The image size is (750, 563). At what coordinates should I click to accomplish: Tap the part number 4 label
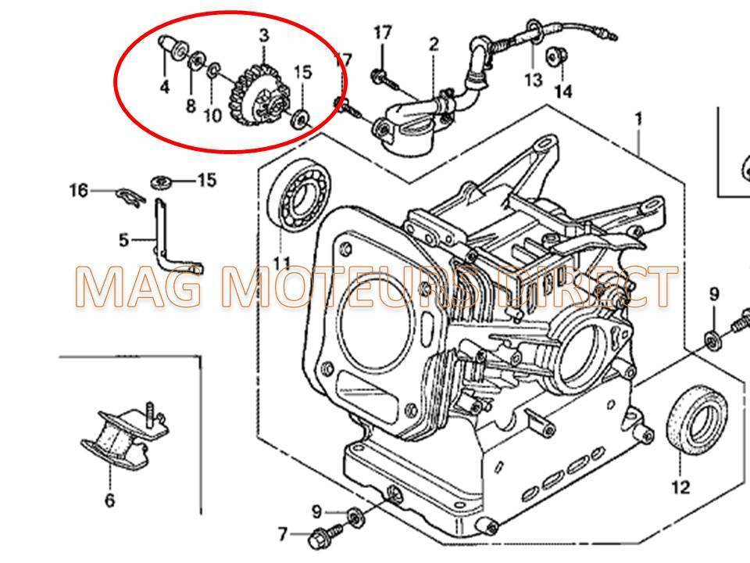tap(164, 87)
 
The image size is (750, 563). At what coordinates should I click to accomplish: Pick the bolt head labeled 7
tap(320, 536)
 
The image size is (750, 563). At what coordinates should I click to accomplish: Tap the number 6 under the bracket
tap(109, 500)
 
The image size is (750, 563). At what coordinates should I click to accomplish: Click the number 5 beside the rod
tap(123, 239)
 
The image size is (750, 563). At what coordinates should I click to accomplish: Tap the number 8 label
tap(191, 106)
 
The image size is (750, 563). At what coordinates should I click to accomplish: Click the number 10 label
tap(212, 116)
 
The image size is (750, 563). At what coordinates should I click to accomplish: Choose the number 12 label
tap(680, 487)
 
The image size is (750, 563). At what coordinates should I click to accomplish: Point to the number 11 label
tap(281, 263)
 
